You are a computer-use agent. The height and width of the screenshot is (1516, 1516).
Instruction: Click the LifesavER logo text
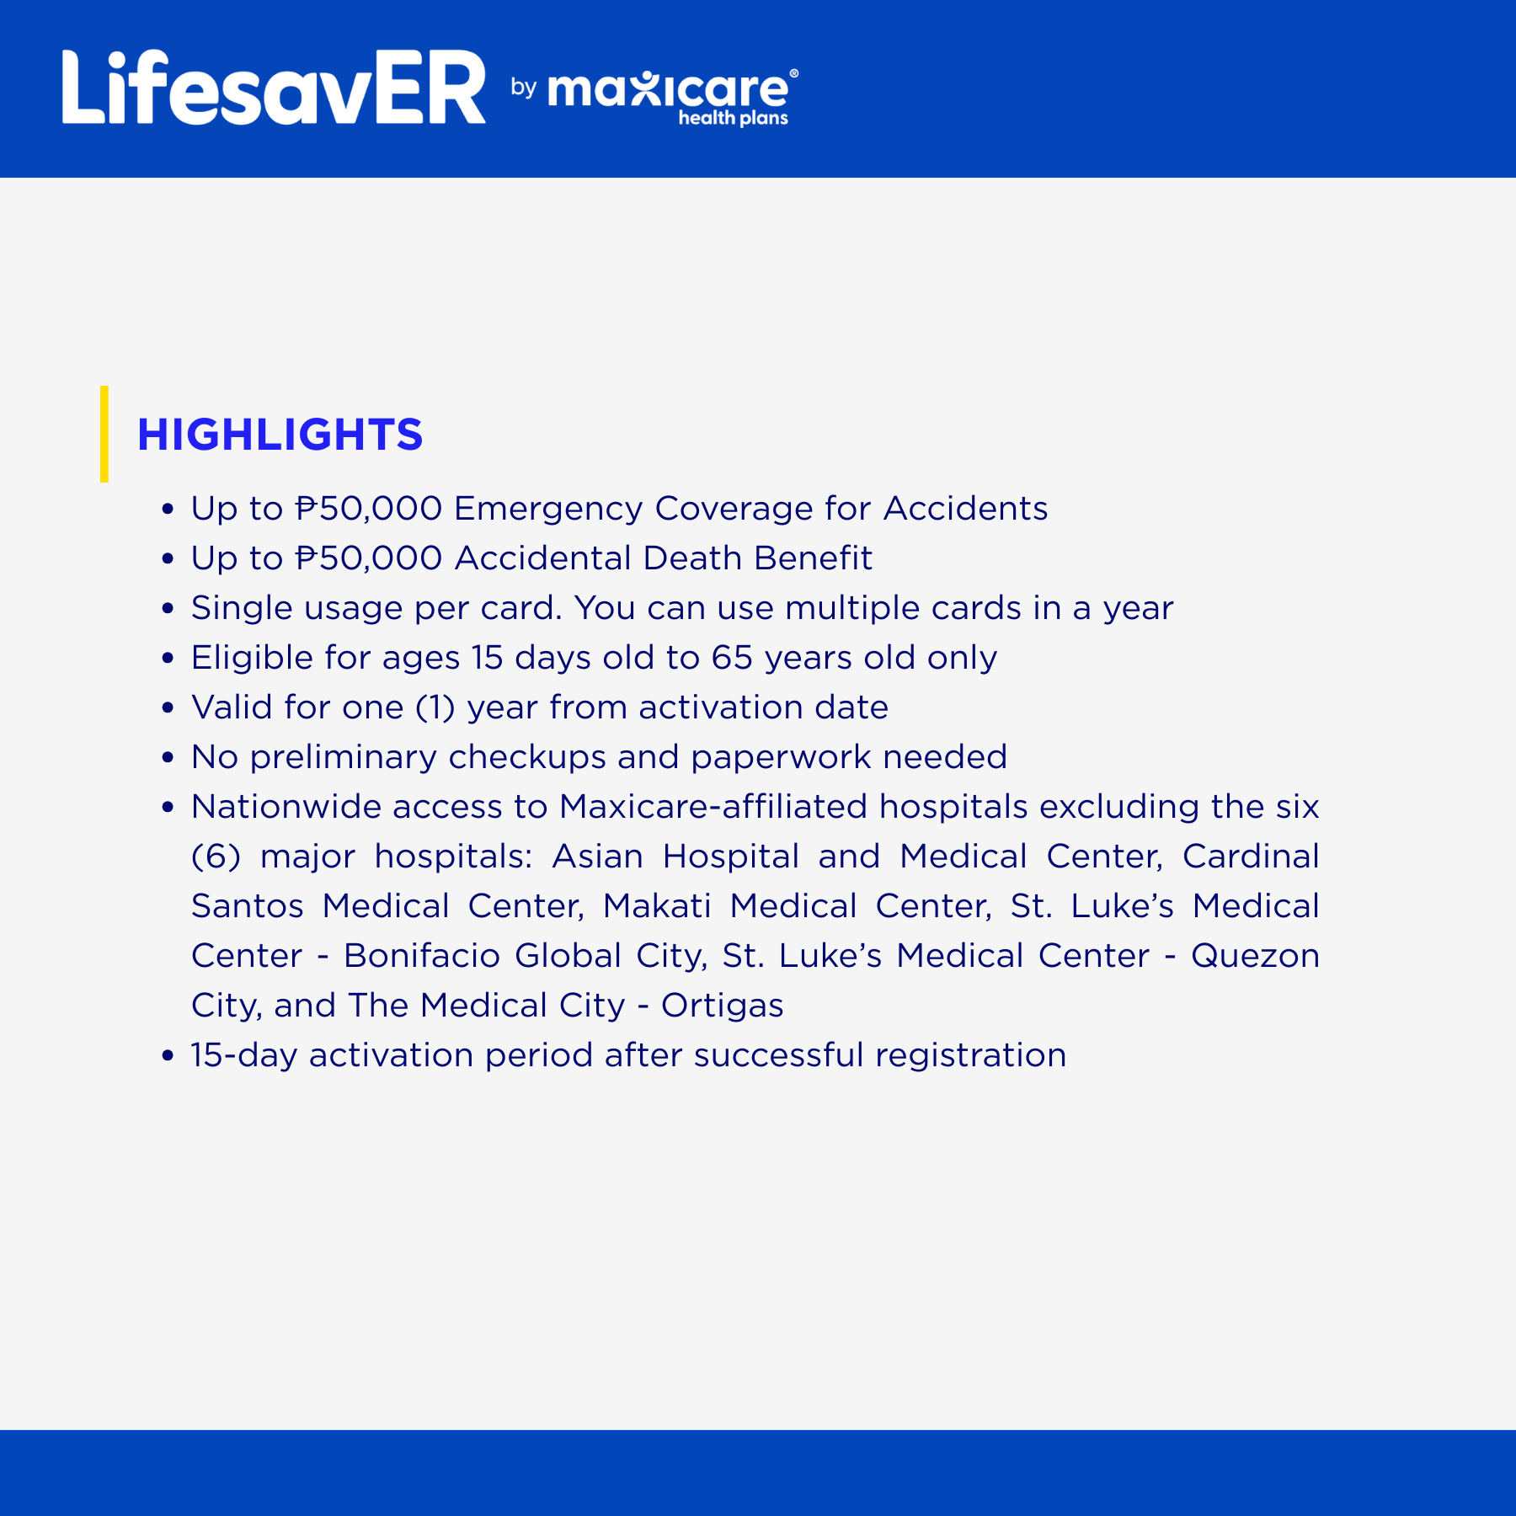[274, 88]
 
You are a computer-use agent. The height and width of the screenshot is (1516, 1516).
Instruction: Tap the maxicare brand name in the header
[669, 89]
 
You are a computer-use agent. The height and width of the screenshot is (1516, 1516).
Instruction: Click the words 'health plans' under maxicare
[733, 118]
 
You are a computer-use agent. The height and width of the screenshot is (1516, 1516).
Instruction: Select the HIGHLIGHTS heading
[280, 435]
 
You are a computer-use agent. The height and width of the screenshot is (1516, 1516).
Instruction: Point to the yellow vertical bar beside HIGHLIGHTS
[104, 434]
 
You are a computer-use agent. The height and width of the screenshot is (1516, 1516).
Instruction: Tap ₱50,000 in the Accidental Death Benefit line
[369, 558]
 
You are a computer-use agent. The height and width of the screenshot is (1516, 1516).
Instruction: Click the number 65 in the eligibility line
[731, 658]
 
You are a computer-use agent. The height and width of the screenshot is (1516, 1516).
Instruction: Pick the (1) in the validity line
[435, 707]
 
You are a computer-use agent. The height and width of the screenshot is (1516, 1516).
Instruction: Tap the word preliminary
[344, 758]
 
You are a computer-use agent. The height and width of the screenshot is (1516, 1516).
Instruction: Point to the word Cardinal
[1251, 857]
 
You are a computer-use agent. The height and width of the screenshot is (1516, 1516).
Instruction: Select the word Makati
[657, 906]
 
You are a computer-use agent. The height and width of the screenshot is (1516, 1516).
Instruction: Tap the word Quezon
[1255, 957]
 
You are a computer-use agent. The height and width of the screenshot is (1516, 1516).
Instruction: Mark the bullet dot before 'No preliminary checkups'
[168, 758]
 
